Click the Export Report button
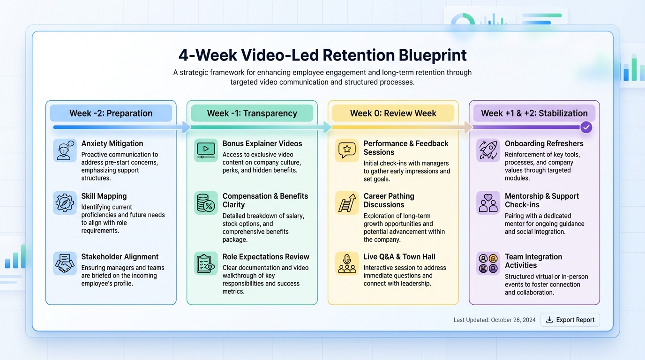570,320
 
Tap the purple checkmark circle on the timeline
586,127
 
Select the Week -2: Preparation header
111,113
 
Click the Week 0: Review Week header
393,113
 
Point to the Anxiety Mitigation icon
65,150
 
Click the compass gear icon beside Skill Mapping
65,203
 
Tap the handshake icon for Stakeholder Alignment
65,263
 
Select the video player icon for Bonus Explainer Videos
206,150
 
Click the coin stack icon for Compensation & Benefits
206,203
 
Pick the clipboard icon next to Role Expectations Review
206,263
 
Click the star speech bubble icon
347,150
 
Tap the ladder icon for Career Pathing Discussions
347,203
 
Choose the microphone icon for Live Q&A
347,263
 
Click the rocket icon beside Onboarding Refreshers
488,150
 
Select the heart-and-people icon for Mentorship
488,203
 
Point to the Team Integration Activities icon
488,263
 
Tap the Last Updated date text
495,320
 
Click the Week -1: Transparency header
252,113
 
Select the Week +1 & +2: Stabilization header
534,113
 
